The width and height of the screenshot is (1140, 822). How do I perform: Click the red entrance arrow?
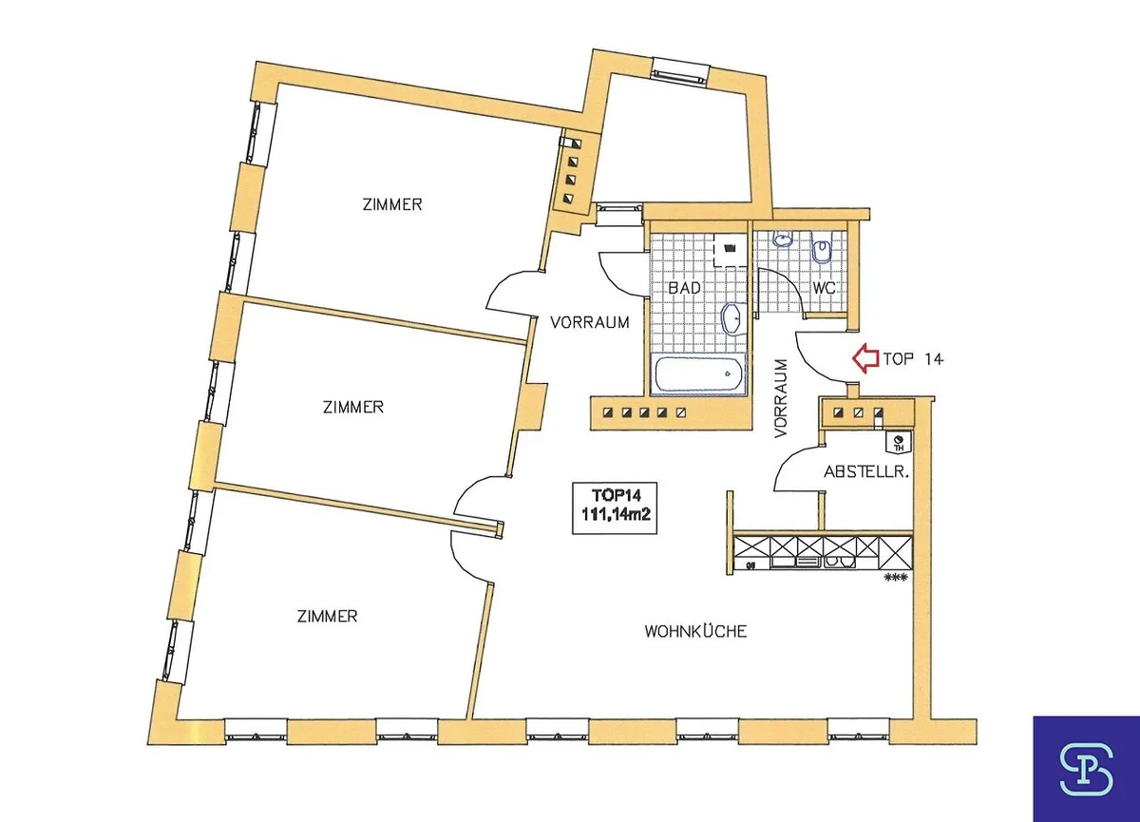pos(865,359)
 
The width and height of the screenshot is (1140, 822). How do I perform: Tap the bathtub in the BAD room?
pos(697,374)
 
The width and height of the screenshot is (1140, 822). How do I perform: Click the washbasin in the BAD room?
pos(732,319)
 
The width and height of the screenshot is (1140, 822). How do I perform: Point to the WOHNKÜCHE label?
pos(695,632)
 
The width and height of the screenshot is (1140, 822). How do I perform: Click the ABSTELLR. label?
pos(866,472)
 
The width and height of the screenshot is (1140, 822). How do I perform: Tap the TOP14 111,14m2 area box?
pos(615,507)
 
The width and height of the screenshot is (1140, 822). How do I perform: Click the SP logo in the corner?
pos(1086,769)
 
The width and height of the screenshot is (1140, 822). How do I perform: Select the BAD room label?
pos(684,288)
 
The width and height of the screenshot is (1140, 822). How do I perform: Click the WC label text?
pos(824,288)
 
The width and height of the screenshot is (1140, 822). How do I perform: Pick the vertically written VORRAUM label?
pos(780,398)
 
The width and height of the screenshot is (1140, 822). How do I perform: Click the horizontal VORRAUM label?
pos(590,322)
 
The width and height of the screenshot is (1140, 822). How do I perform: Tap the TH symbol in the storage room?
pos(900,442)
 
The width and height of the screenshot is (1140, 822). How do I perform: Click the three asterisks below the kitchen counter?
pos(896,578)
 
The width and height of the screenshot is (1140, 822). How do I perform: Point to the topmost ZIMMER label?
pos(392,204)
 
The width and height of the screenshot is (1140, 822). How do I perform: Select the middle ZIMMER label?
pos(353,407)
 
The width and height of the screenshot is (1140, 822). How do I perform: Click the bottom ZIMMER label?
pos(327,617)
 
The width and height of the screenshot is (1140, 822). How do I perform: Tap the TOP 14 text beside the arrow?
pos(913,359)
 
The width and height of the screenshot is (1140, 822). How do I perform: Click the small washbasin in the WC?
pos(783,239)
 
